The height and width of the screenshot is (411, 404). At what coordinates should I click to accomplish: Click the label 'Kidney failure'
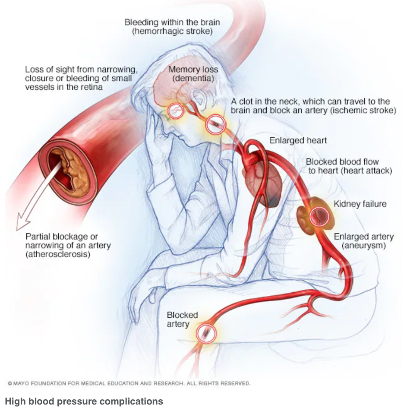[x=360, y=204]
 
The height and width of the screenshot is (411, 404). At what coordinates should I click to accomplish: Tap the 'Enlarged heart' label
[x=298, y=140]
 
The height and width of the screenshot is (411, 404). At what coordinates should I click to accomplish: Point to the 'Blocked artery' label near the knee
[x=182, y=319]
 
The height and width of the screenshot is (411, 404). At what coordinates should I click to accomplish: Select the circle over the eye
[x=176, y=111]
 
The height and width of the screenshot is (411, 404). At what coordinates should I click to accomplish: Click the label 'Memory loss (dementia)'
[x=193, y=74]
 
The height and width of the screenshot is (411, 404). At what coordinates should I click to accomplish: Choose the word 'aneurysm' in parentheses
[x=363, y=246]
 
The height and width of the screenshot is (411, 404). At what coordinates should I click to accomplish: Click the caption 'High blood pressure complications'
[x=84, y=401]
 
